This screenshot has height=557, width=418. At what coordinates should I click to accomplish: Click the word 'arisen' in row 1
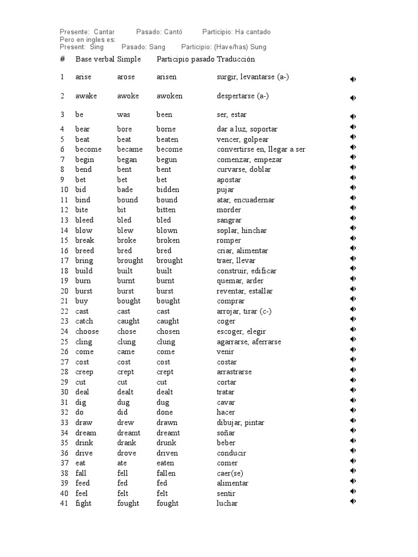pyautogui.click(x=167, y=77)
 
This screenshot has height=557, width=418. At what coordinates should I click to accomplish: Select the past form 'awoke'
pyautogui.click(x=128, y=96)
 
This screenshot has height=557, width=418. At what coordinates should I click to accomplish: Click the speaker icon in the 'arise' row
pyautogui.click(x=353, y=79)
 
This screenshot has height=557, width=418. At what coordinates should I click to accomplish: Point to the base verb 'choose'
pyautogui.click(x=87, y=331)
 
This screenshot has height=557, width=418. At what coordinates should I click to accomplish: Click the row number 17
pyautogui.click(x=64, y=261)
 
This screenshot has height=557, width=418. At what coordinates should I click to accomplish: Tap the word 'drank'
pyautogui.click(x=127, y=443)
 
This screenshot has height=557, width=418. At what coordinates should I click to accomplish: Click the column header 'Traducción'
pyautogui.click(x=236, y=59)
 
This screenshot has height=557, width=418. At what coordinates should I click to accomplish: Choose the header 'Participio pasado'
pyautogui.click(x=185, y=59)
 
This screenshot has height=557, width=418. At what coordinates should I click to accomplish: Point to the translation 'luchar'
pyautogui.click(x=228, y=504)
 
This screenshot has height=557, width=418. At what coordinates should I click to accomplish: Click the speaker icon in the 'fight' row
pyautogui.click(x=353, y=501)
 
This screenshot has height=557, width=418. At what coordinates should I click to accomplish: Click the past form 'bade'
pyautogui.click(x=126, y=190)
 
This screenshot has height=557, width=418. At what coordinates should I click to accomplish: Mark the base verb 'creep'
pyautogui.click(x=84, y=372)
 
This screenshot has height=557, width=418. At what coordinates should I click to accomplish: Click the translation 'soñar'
pyautogui.click(x=226, y=433)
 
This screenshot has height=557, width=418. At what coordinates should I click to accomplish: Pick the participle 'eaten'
pyautogui.click(x=165, y=463)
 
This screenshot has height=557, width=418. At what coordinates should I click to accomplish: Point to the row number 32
pyautogui.click(x=64, y=412)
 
